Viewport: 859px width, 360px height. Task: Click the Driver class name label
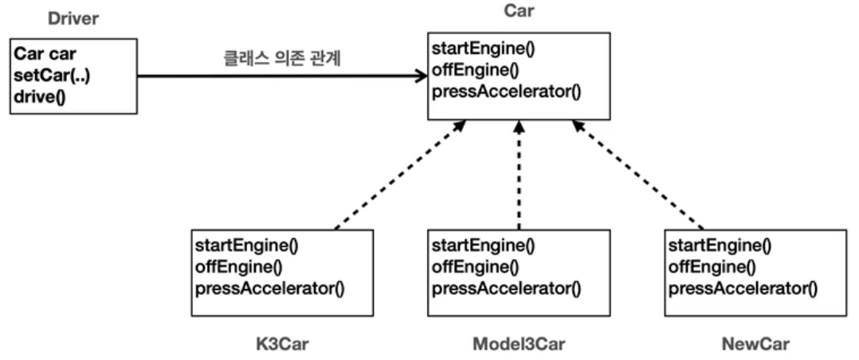(73, 19)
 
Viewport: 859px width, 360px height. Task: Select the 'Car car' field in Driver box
(45, 54)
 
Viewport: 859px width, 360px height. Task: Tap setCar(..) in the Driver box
(52, 75)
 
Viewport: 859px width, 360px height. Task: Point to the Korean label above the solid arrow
(281, 58)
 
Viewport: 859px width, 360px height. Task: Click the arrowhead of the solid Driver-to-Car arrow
(421, 76)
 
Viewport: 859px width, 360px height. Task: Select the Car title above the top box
(518, 11)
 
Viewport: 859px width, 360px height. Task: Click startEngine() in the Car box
(483, 49)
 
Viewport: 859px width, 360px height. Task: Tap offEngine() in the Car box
(475, 69)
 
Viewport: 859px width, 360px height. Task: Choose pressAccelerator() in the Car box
(506, 92)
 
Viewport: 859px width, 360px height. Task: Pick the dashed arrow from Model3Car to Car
(519, 174)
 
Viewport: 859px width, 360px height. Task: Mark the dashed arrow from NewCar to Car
(637, 174)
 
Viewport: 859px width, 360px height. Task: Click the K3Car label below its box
(282, 344)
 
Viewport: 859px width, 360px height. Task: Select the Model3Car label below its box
(519, 344)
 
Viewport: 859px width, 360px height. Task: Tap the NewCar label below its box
(756, 344)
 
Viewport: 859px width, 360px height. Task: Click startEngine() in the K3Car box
(246, 245)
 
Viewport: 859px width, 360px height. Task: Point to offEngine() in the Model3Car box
(475, 267)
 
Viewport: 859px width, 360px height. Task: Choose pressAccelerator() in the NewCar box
(743, 288)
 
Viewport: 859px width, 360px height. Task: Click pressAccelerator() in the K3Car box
(269, 288)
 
